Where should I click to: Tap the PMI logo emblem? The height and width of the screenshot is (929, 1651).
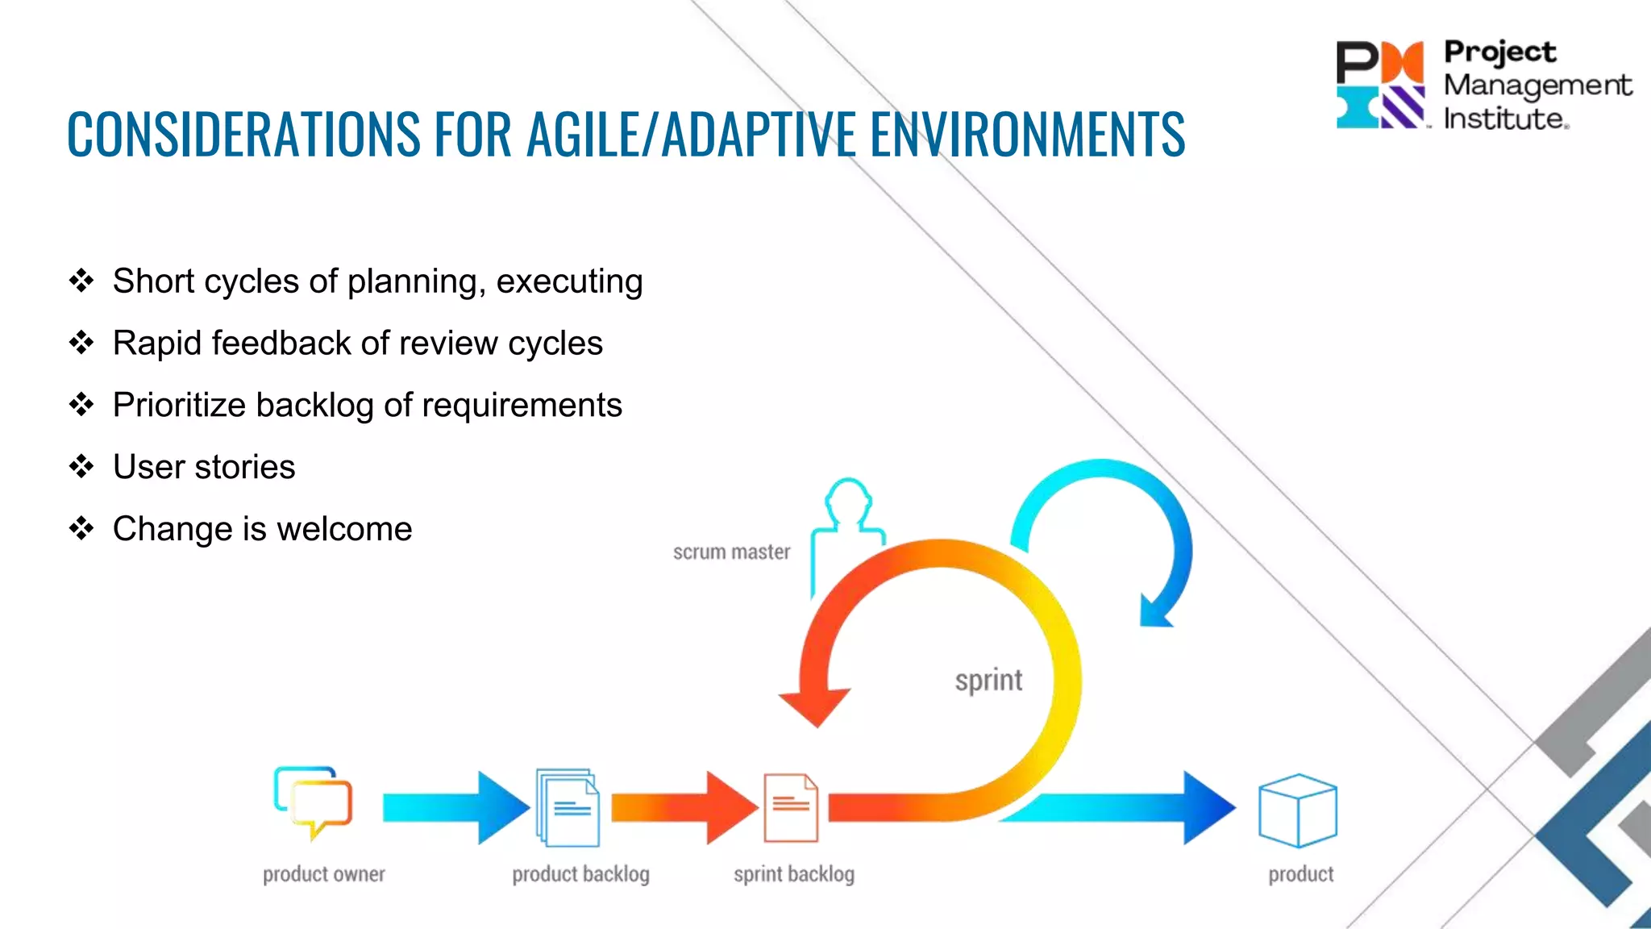[1380, 85]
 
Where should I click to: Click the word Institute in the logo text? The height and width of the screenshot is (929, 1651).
[1504, 119]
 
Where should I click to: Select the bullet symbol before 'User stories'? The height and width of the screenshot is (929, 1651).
[81, 466]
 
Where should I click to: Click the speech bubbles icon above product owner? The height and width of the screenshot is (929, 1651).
[313, 802]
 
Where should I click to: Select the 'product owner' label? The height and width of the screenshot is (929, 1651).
[323, 874]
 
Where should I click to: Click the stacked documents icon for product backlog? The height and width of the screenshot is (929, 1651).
[568, 807]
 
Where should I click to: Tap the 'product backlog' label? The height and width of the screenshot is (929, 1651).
[580, 874]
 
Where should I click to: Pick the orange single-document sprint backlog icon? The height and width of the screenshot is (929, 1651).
[791, 807]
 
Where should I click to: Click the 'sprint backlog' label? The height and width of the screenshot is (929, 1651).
[793, 874]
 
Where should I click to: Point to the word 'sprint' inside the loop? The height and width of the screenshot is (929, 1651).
[988, 681]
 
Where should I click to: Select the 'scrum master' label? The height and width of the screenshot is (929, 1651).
[731, 552]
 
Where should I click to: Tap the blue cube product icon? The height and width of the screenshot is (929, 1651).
[1297, 810]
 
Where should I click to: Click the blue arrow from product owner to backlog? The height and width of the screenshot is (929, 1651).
[455, 807]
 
